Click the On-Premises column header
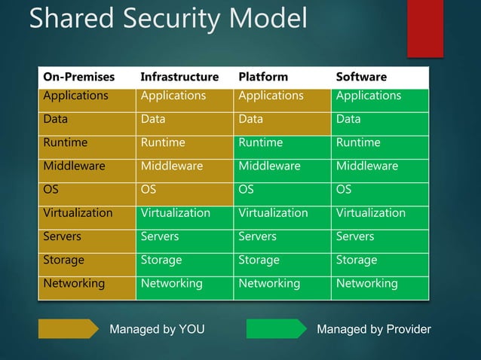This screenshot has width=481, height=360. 79,77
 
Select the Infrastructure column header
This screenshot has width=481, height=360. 179,77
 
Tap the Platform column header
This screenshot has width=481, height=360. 263,77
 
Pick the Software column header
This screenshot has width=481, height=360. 361,77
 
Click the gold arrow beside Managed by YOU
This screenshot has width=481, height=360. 69,329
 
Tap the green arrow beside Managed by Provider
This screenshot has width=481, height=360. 276,329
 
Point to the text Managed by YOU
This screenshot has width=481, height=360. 157,329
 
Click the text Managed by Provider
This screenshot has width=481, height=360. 374,329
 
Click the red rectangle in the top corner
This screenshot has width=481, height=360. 424,28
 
